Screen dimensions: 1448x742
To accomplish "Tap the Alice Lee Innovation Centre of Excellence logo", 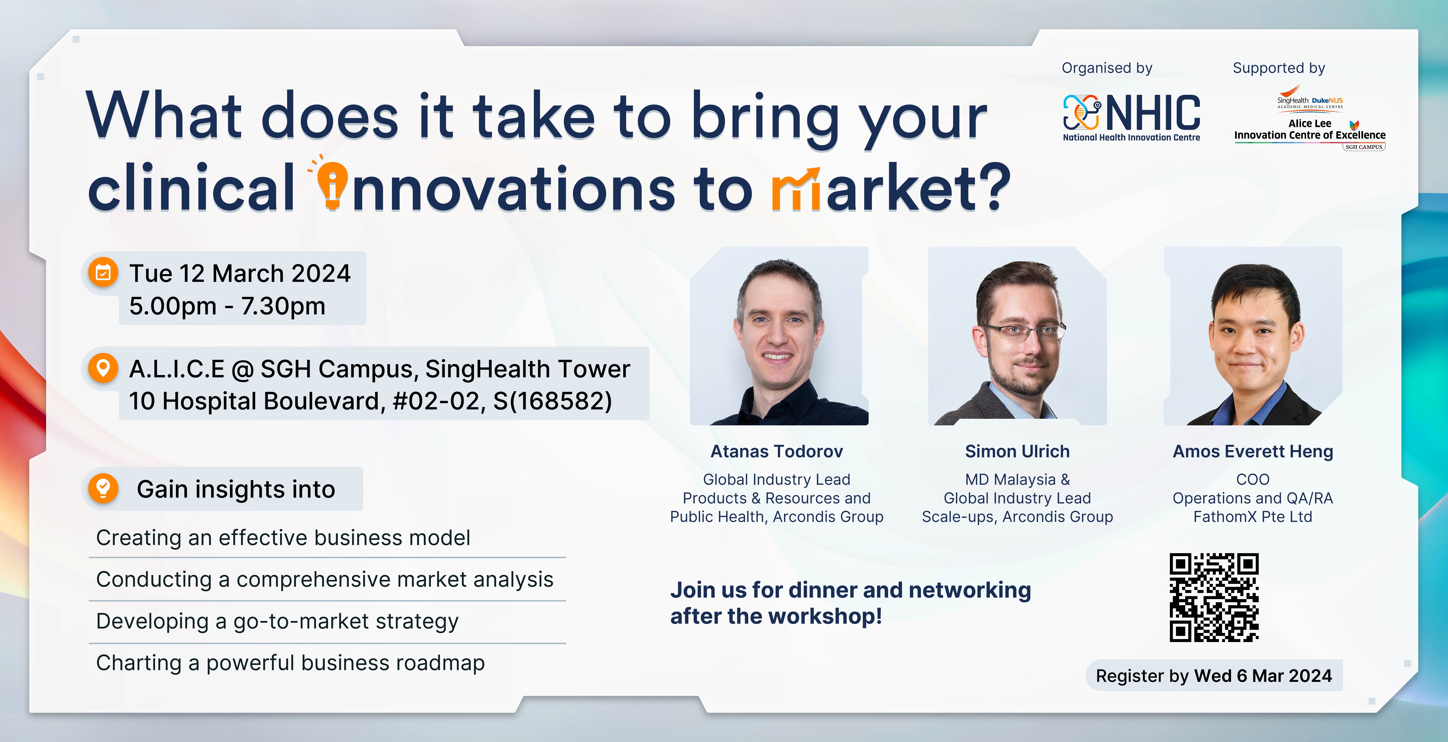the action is pos(1310,118).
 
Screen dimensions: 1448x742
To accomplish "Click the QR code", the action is pos(1214,597).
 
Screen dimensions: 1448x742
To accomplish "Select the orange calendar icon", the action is pos(103,273).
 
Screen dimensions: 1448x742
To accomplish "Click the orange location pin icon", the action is pos(103,368).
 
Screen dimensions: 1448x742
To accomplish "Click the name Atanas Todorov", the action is pos(777,451).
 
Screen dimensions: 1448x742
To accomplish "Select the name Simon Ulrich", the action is pos(1017,451).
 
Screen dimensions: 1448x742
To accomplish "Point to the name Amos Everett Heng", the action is pos(1253,451).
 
